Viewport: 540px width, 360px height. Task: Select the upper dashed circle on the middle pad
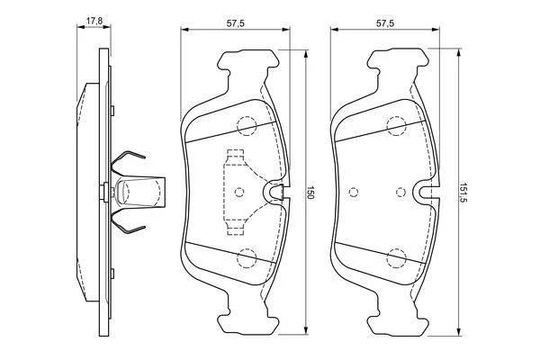pyautogui.click(x=246, y=125)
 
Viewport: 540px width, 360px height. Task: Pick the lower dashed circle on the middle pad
pyautogui.click(x=246, y=258)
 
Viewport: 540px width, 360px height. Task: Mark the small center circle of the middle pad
pyautogui.click(x=238, y=191)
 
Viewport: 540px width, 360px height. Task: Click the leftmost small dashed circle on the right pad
pyautogui.click(x=353, y=191)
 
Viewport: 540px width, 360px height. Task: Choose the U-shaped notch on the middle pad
pyautogui.click(x=277, y=191)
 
